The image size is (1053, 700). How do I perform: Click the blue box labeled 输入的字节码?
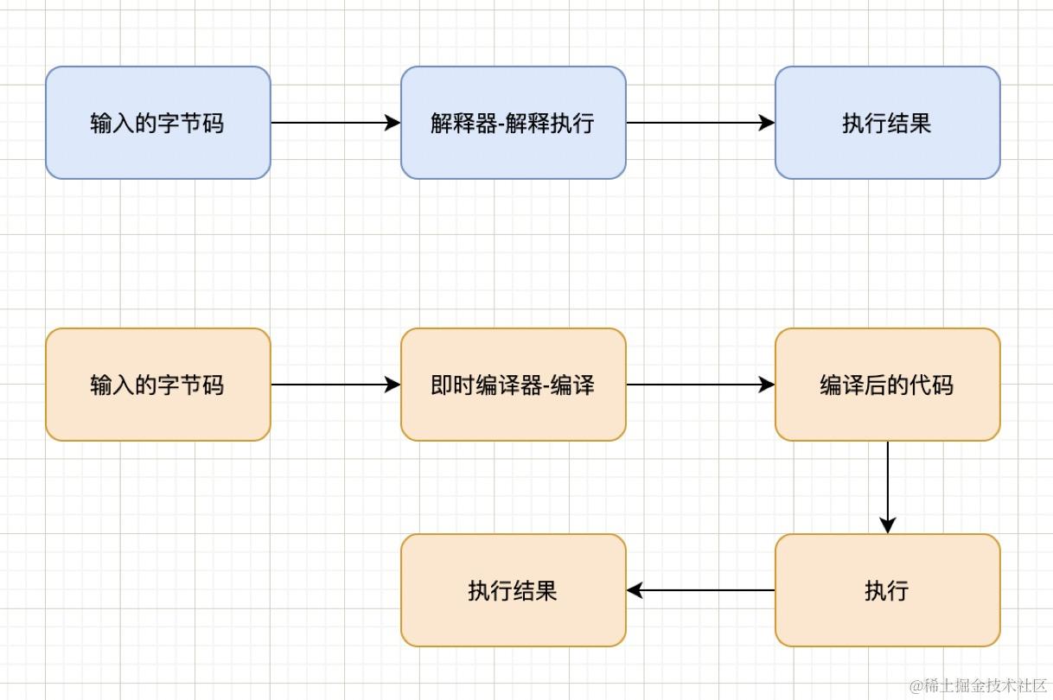158,123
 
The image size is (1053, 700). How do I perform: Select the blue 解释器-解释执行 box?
513,123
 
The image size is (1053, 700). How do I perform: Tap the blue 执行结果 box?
887,123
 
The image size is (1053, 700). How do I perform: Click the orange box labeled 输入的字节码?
158,385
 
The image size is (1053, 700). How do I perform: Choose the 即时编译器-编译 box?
513,385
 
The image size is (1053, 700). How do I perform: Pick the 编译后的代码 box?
887,385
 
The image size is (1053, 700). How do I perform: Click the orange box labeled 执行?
887,590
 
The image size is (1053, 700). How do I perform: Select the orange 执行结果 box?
513,590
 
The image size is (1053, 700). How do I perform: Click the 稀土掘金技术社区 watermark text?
977,685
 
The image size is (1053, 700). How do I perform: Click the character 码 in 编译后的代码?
943,385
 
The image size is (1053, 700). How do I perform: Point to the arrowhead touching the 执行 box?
887,525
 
